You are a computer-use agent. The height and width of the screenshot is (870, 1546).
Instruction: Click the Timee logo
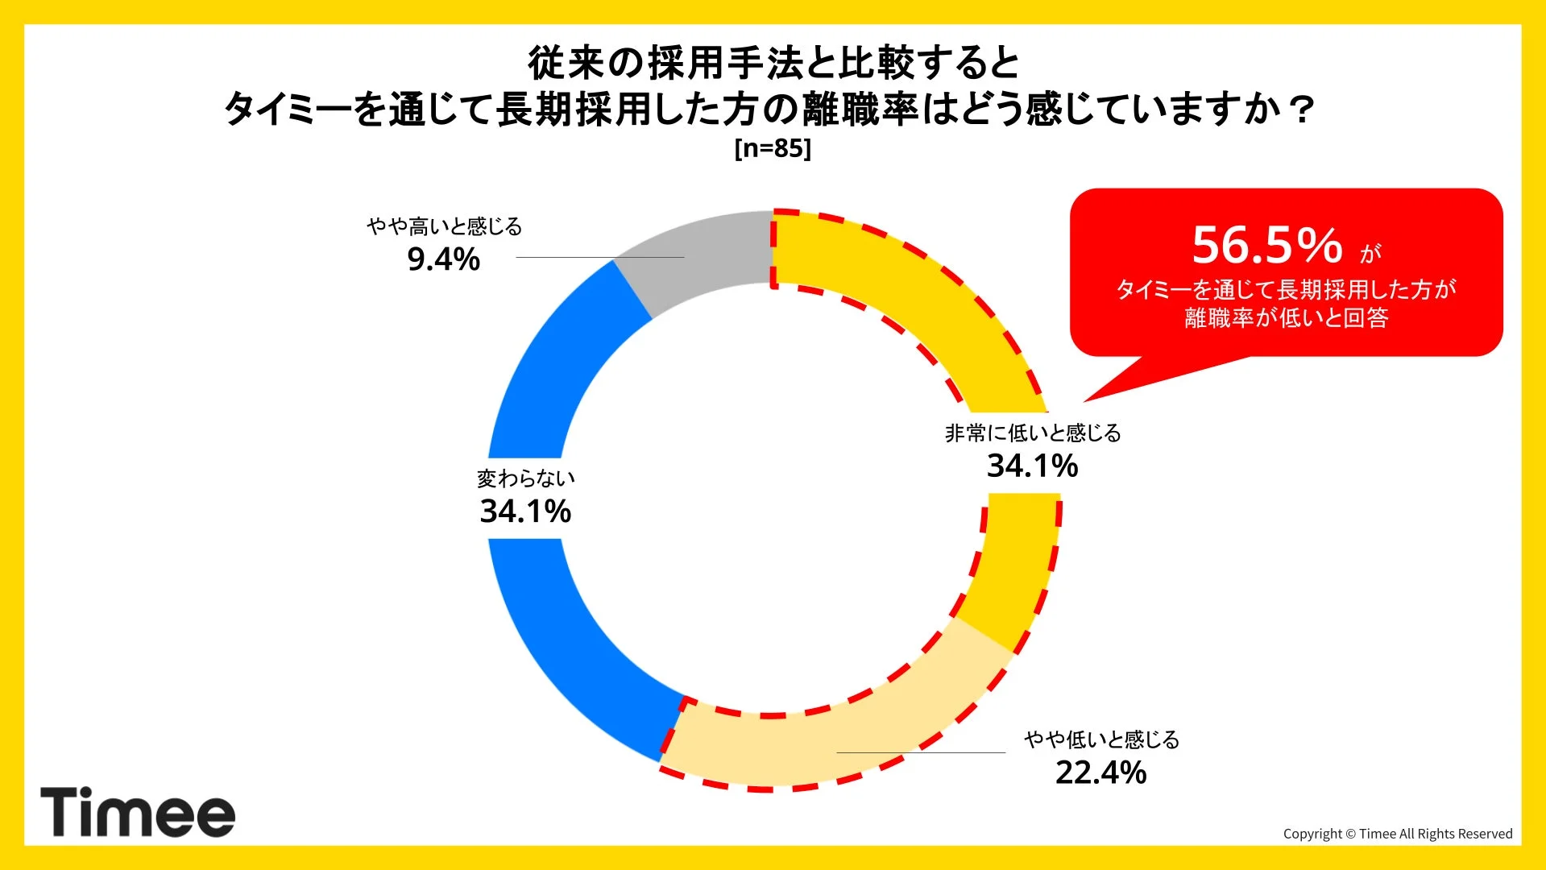(x=138, y=812)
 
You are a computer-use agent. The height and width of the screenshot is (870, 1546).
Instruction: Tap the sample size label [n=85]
(x=773, y=148)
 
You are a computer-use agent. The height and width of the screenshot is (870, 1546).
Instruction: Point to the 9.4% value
(x=443, y=260)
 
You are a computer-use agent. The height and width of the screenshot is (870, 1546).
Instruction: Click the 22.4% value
(x=1100, y=773)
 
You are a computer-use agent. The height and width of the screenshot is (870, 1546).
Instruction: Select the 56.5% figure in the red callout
(x=1267, y=246)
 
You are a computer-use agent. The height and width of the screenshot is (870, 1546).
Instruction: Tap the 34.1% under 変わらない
(x=525, y=512)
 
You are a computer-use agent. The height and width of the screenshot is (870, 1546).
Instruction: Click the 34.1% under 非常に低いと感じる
(x=1032, y=466)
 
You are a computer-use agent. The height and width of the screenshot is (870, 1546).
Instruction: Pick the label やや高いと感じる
(x=444, y=226)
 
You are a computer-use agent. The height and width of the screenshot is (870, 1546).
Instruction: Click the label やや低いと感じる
(x=1101, y=739)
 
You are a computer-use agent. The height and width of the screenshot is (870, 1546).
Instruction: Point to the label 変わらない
(x=525, y=478)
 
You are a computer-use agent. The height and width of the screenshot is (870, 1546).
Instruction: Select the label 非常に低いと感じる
(x=1032, y=433)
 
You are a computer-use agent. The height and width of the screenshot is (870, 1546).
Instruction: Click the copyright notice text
(x=1397, y=834)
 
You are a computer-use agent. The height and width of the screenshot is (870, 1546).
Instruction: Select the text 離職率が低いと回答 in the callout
(x=1286, y=318)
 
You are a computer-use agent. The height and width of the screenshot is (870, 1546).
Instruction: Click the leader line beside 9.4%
(x=599, y=257)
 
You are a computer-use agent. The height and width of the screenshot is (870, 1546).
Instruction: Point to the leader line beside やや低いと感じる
(x=920, y=752)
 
